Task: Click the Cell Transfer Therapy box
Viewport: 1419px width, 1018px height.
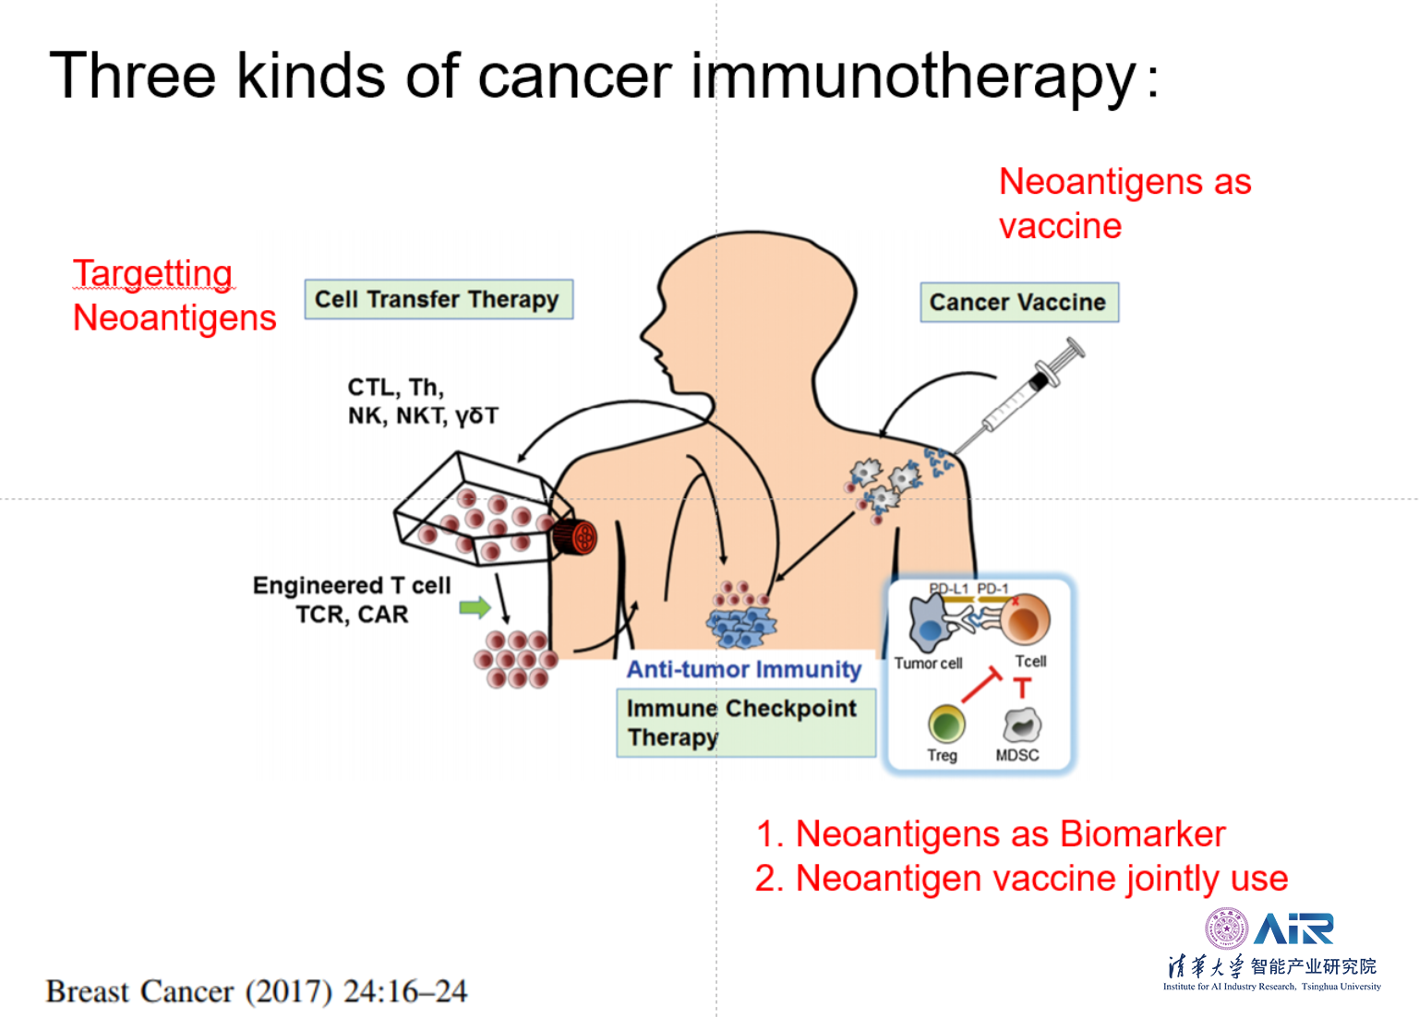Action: (438, 300)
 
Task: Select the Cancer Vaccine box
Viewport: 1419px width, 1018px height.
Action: (1018, 303)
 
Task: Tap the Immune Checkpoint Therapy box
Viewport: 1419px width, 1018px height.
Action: (745, 724)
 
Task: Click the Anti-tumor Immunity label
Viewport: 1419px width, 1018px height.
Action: (743, 669)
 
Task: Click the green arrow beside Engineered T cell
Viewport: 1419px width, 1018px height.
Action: (475, 607)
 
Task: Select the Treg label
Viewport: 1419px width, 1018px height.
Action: (942, 755)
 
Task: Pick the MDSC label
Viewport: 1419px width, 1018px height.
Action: (1016, 755)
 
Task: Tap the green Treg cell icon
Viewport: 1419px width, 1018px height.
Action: (946, 724)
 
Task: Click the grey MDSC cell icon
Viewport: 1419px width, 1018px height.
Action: (1022, 725)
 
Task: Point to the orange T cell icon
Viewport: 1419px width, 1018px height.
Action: (1025, 620)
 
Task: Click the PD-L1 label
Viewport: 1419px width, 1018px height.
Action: (948, 589)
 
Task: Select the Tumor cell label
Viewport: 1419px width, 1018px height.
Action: (928, 663)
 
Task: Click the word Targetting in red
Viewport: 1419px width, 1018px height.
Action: (152, 273)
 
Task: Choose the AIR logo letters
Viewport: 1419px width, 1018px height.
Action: (1293, 929)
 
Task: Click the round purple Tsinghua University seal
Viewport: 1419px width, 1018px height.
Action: (1226, 928)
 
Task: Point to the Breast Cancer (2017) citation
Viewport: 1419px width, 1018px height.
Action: (256, 992)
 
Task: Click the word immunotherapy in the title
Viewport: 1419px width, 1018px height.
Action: (913, 76)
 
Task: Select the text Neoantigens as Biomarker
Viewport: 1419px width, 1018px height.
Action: (1010, 834)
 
